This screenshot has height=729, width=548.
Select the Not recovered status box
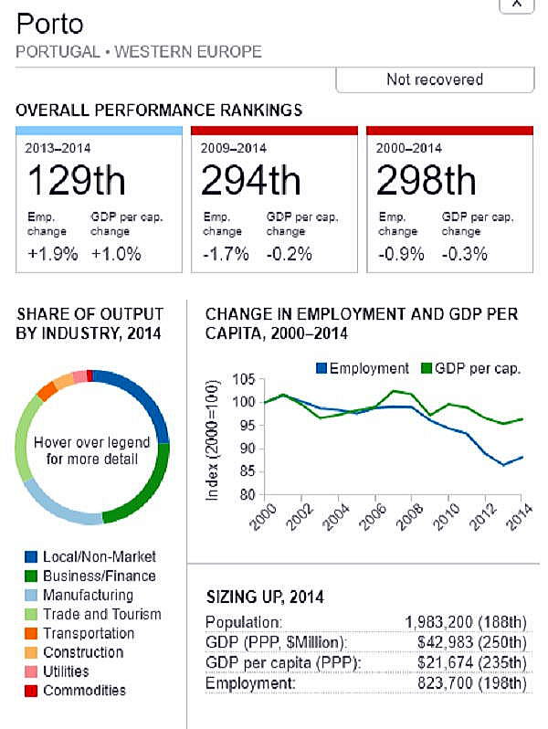435,79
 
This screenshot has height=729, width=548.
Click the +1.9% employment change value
53,254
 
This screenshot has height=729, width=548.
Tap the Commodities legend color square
31,691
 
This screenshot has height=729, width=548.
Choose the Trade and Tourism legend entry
101,614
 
